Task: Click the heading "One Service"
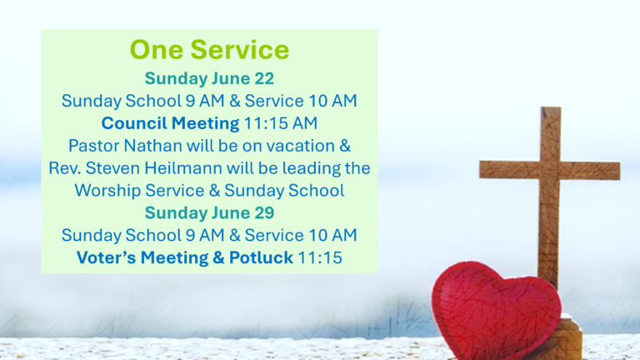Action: (x=209, y=50)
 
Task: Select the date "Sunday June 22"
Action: (x=209, y=79)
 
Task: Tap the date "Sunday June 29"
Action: (x=209, y=213)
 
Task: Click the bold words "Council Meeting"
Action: (x=170, y=123)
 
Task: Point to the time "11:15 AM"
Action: (x=280, y=123)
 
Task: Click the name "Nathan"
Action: (x=153, y=146)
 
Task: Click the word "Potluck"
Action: (x=261, y=257)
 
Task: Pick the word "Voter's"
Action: (x=106, y=257)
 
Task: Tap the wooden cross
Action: (x=550, y=196)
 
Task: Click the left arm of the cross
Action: (x=510, y=169)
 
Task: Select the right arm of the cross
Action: (x=590, y=171)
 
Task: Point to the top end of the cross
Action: (x=551, y=108)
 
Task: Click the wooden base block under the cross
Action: (x=568, y=339)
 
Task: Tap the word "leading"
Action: (x=311, y=168)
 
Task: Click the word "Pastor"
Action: (x=94, y=146)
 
